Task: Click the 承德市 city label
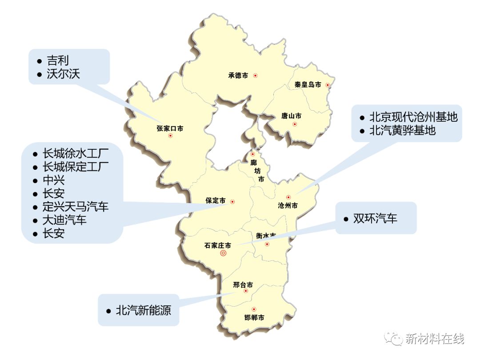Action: tap(238, 76)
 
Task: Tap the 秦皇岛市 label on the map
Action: tap(308, 84)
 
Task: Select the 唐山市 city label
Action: tap(291, 116)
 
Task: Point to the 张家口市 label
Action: tap(170, 128)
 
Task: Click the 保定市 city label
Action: tap(215, 200)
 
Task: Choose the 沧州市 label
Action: tap(288, 205)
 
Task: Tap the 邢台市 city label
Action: tap(243, 285)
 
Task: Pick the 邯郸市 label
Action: tap(254, 318)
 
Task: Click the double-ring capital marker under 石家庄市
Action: tap(223, 253)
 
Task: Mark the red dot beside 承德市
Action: tap(256, 76)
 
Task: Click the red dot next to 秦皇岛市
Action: tap(328, 85)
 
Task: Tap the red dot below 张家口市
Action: tap(170, 136)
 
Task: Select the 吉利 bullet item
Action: tap(58, 60)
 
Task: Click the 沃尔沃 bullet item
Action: tap(63, 74)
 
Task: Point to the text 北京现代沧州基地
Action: tap(413, 117)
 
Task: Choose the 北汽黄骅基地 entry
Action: tap(402, 131)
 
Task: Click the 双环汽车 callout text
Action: tap(375, 219)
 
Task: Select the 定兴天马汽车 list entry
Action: tap(75, 207)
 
